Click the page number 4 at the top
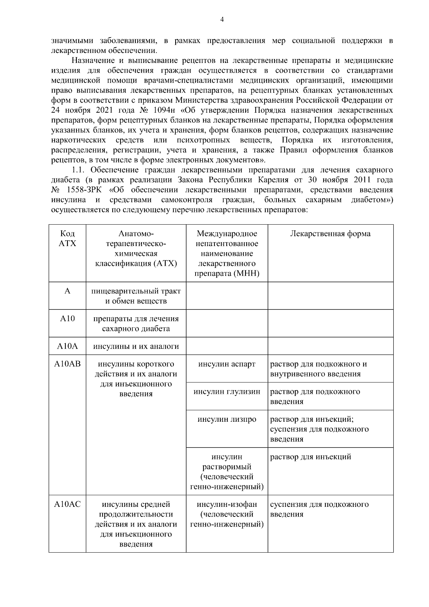tap(222, 20)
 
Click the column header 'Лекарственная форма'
tap(330, 234)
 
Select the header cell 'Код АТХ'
tap(67, 239)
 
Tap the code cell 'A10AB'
tap(67, 364)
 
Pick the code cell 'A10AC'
tap(67, 504)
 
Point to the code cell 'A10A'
tap(67, 346)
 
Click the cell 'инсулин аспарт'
tap(227, 364)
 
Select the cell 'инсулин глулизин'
tap(227, 392)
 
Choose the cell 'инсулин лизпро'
tap(227, 419)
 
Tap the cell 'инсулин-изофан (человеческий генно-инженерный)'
tap(227, 514)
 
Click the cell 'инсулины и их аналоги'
tap(136, 346)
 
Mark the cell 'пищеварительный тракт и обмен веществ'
tap(136, 296)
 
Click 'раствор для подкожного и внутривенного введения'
tap(318, 369)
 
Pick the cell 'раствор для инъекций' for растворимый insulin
tap(310, 457)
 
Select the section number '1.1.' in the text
tap(79, 170)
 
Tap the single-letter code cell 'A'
tap(67, 291)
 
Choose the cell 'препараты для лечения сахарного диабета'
tap(136, 323)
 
